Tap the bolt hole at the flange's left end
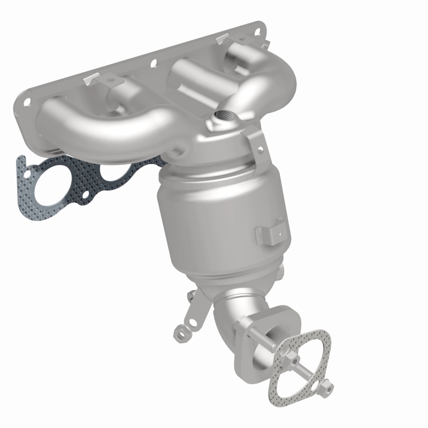click(x=25, y=100)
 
